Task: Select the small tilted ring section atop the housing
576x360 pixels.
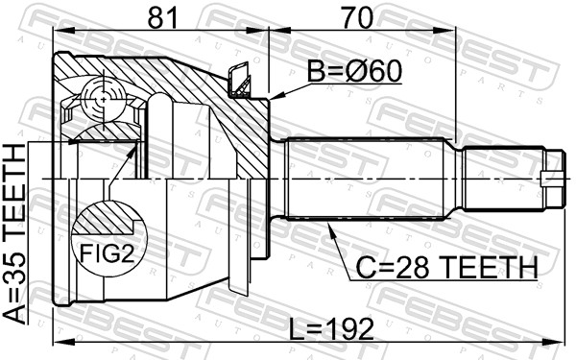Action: [239, 80]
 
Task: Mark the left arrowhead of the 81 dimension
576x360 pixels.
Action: [56, 30]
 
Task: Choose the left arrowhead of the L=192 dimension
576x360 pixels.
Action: [56, 342]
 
